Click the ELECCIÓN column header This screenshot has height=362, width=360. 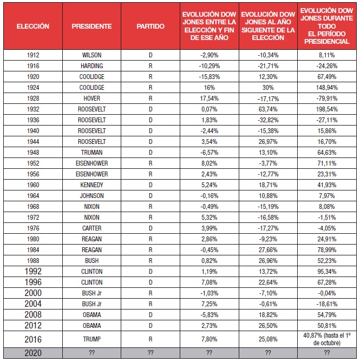[x=33, y=27]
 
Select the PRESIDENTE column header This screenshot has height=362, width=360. [x=91, y=27]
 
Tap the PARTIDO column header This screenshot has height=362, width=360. [x=150, y=27]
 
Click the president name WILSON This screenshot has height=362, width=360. [x=91, y=55]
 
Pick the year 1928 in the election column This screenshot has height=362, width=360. [x=33, y=98]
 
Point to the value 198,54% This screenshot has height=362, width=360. [x=327, y=109]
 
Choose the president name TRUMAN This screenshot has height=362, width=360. [x=91, y=153]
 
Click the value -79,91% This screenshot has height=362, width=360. [x=327, y=98]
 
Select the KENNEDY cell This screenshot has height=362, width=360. [x=91, y=185]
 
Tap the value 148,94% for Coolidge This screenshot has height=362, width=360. [x=327, y=88]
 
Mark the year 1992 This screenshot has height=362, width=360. [x=33, y=271]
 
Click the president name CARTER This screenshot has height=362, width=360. [x=91, y=228]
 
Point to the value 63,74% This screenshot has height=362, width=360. [x=268, y=109]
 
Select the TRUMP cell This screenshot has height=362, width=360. [x=91, y=339]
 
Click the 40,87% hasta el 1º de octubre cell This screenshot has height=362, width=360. [x=327, y=339]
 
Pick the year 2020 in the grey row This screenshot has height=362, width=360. [x=33, y=353]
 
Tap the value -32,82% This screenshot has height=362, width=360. [x=268, y=120]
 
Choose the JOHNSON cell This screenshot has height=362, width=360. [x=91, y=196]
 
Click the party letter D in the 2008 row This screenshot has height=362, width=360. [x=150, y=315]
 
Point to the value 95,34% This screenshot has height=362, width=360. [x=327, y=272]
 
